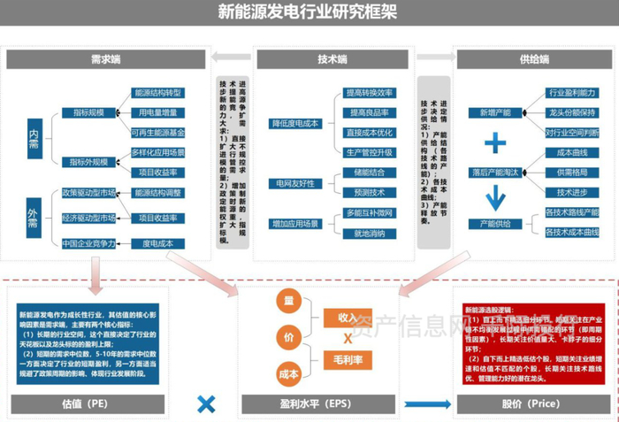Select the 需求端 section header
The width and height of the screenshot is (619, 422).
106,59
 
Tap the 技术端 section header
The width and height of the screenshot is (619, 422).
333,59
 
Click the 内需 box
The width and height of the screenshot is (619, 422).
34,137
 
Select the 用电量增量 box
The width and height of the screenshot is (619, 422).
157,112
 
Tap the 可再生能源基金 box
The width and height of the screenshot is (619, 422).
157,133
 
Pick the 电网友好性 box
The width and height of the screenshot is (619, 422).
295,182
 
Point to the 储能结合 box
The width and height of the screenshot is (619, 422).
369,173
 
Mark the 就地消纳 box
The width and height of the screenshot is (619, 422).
369,234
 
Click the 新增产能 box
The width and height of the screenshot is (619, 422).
495,113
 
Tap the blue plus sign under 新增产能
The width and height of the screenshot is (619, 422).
495,142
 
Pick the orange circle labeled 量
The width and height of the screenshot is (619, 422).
288,303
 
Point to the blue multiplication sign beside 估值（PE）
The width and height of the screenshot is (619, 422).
206,404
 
